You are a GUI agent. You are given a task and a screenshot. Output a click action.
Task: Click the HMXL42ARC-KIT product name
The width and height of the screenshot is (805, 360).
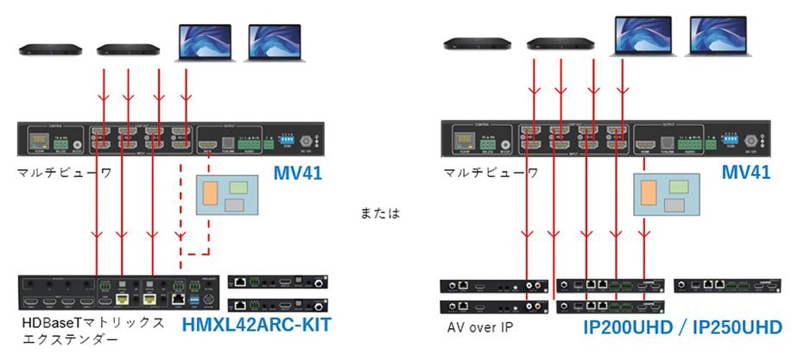pos(257,325)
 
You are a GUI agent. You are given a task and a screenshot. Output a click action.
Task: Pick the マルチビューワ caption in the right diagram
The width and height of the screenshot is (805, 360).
pos(491,173)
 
